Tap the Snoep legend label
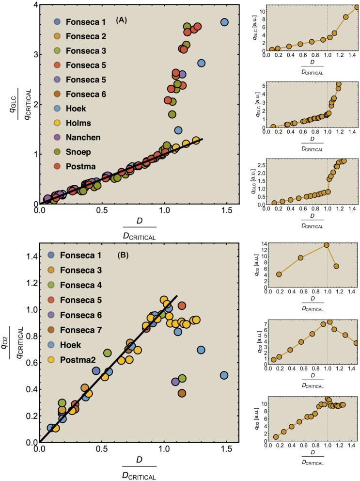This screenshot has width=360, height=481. [87, 152]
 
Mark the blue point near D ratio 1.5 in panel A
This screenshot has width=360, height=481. [224, 22]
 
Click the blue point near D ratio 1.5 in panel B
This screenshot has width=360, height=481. [224, 375]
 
